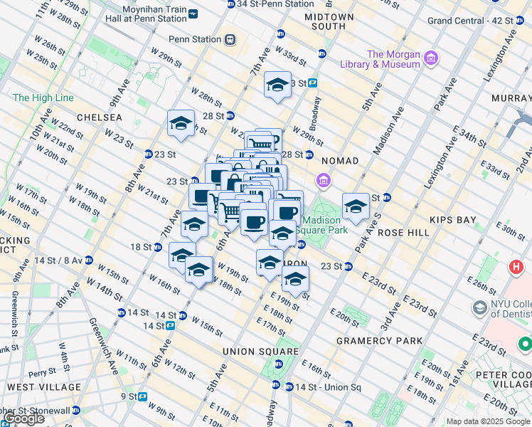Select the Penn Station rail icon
point(229,40)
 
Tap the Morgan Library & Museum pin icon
point(429,57)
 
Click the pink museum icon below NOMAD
point(324,182)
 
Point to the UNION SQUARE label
point(260,352)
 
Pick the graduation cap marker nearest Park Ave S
point(356,206)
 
